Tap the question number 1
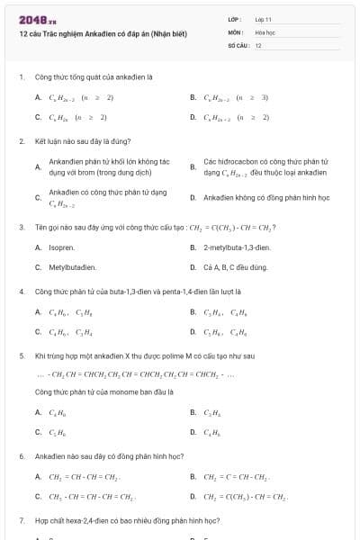(x=21, y=77)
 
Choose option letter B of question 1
(x=193, y=97)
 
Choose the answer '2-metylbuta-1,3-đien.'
(x=237, y=247)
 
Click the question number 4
(x=21, y=292)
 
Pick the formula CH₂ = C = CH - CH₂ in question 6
(x=237, y=477)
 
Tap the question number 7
(x=21, y=520)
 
